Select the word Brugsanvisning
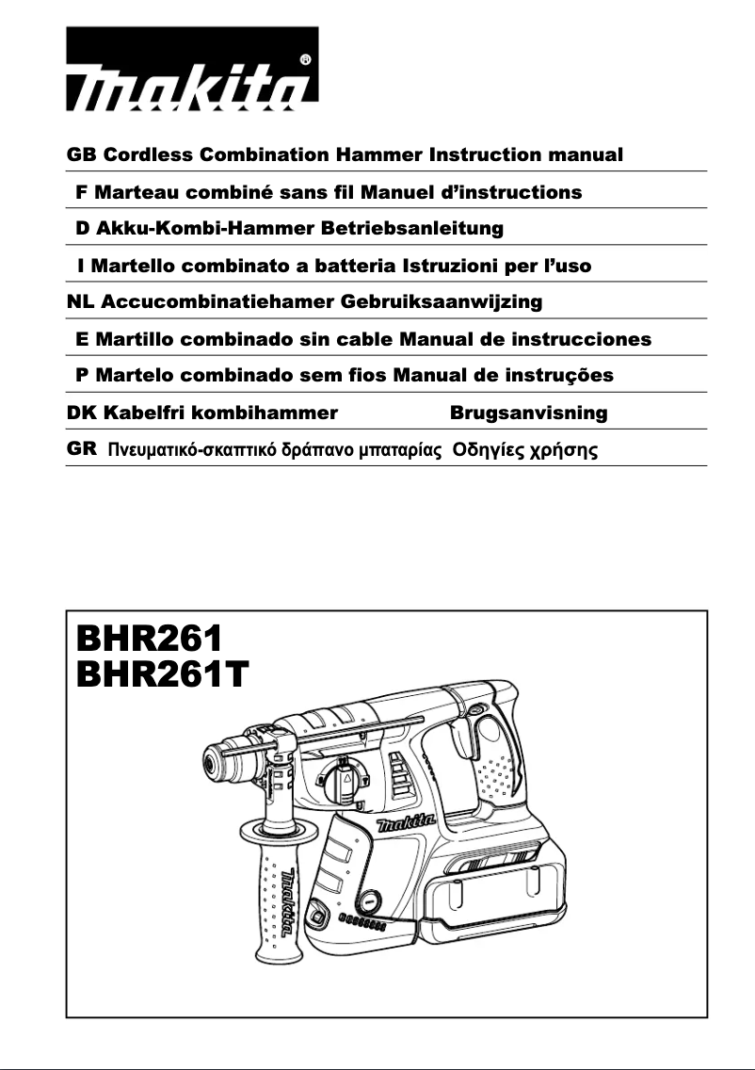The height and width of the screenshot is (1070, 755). tap(528, 413)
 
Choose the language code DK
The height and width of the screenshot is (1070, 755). tap(82, 413)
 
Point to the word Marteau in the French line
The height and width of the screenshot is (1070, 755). tap(133, 192)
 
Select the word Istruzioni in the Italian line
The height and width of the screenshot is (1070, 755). tap(448, 266)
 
